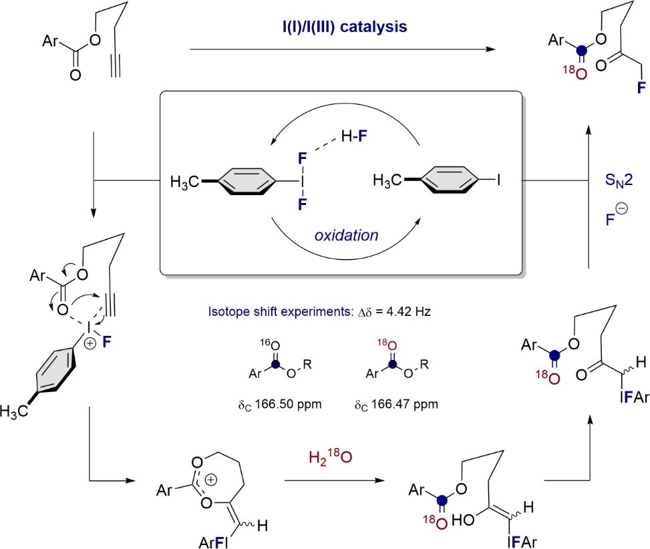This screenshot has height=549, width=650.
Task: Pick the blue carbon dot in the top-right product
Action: click(x=581, y=49)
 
